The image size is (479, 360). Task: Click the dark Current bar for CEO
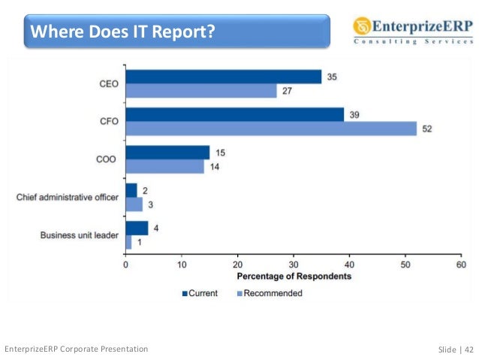pyautogui.click(x=223, y=77)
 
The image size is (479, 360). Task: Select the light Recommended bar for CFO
pyautogui.click(x=271, y=129)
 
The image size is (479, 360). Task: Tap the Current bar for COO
pyautogui.click(x=167, y=153)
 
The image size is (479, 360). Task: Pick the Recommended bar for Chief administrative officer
pyautogui.click(x=134, y=204)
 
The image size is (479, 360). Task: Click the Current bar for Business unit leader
pyautogui.click(x=137, y=228)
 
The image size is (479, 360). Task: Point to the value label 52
pyautogui.click(x=428, y=129)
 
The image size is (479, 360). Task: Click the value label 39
pyautogui.click(x=355, y=114)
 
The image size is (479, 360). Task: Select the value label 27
pyautogui.click(x=288, y=92)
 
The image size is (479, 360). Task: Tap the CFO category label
pyautogui.click(x=109, y=121)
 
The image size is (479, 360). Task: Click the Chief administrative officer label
pyautogui.click(x=68, y=198)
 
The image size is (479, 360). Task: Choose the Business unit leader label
pyautogui.click(x=78, y=235)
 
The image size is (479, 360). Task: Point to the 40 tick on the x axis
pyautogui.click(x=349, y=265)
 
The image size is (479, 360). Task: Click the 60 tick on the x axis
pyautogui.click(x=460, y=265)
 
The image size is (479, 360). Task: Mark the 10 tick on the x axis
pyautogui.click(x=182, y=265)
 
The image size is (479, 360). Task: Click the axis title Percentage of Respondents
pyautogui.click(x=293, y=277)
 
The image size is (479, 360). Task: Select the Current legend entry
pyautogui.click(x=199, y=293)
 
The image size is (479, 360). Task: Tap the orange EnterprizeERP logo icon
pyautogui.click(x=363, y=27)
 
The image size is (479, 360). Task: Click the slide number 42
pyautogui.click(x=468, y=349)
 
